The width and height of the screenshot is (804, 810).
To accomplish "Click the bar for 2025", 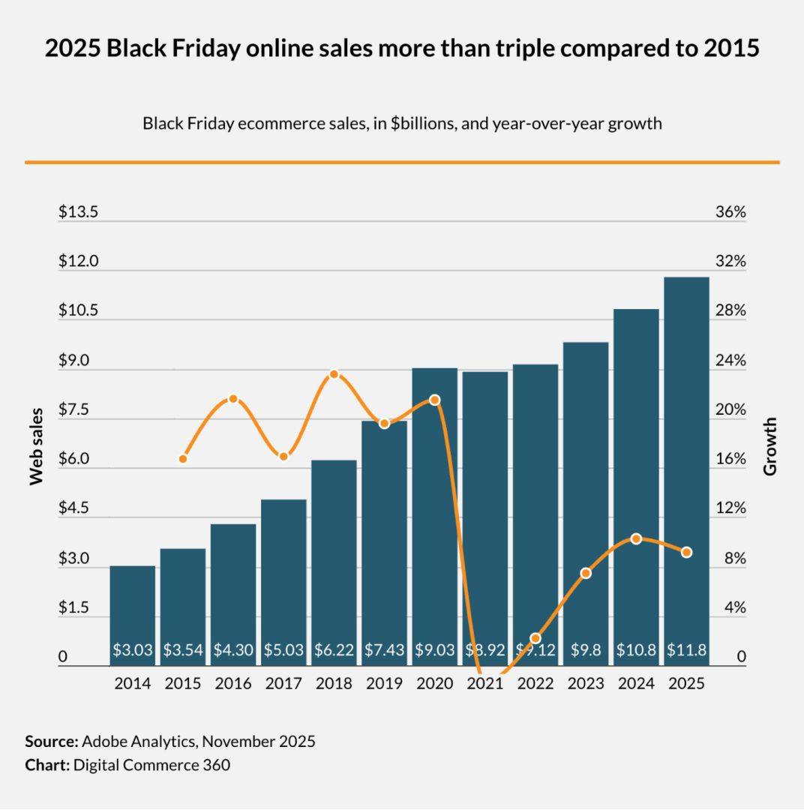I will [686, 465].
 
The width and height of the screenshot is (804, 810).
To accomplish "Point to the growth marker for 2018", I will [334, 374].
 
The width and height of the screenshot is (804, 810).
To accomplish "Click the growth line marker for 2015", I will [183, 458].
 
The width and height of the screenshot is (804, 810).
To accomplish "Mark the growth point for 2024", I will [636, 538].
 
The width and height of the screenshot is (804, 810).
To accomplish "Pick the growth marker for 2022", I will [535, 638].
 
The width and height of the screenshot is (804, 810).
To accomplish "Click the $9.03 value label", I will [435, 650].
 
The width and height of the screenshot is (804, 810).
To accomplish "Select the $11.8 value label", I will [686, 650].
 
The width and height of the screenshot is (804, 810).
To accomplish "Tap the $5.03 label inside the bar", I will [283, 650].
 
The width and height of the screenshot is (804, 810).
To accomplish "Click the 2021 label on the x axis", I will [484, 684].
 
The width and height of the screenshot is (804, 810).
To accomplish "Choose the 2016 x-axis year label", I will [233, 684].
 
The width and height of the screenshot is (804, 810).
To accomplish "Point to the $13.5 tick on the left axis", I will [79, 212].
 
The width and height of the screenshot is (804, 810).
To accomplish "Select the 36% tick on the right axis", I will [730, 212].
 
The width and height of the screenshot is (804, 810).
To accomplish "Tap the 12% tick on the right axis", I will [730, 508].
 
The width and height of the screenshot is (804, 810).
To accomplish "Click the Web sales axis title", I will [36, 446].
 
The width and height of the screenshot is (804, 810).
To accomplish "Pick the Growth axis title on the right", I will [770, 446].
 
